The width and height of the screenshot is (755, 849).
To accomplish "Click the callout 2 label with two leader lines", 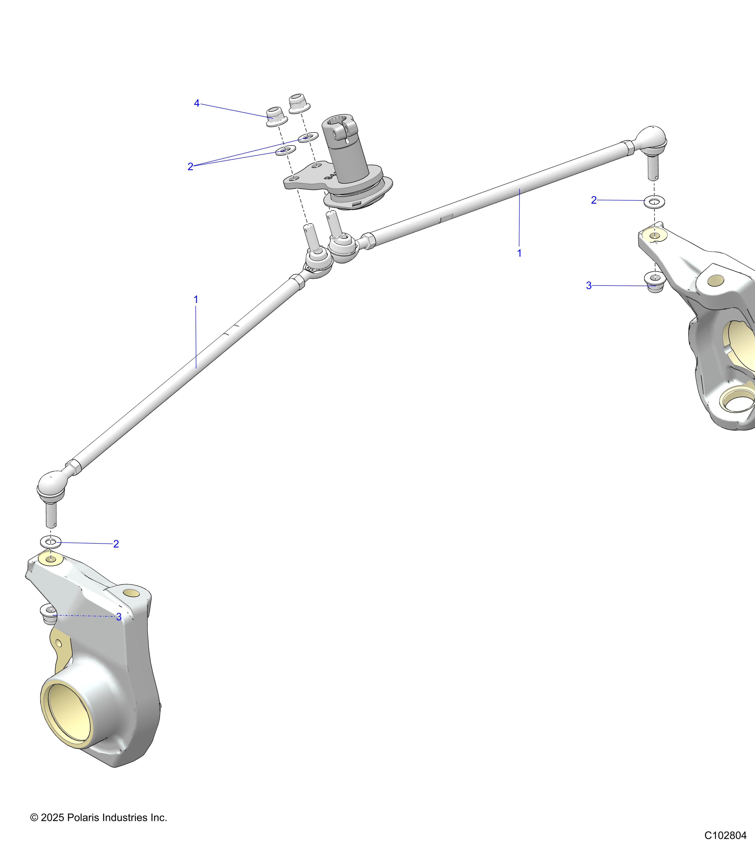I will click(190, 166).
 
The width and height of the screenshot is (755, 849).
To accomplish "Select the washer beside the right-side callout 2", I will click(654, 202).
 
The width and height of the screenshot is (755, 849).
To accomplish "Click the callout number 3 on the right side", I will click(588, 286).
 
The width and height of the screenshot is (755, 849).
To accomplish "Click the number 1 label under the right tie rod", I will click(519, 253).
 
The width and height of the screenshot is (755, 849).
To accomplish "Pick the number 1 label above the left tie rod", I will click(196, 299).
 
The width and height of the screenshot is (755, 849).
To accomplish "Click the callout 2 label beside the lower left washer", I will click(116, 544).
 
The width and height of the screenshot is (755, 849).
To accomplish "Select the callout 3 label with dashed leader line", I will click(119, 617).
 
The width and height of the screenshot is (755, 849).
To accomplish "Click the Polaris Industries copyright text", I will click(98, 817).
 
